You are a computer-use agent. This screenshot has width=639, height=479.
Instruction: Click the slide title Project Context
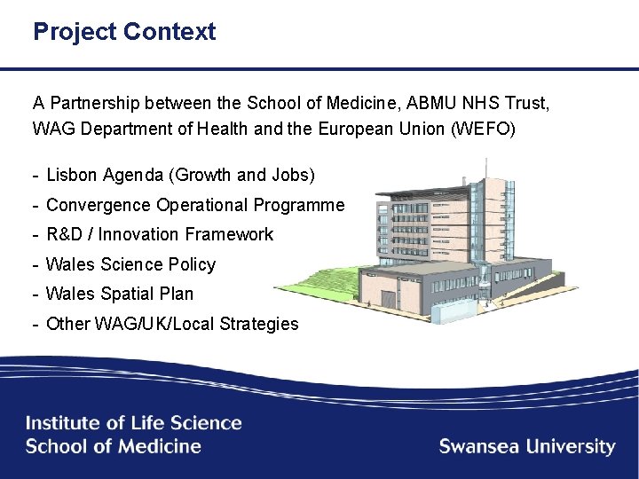tap(124, 32)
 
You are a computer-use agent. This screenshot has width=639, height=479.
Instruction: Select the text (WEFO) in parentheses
tap(486, 129)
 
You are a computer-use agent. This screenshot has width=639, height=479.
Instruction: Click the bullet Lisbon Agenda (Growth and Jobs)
tap(180, 176)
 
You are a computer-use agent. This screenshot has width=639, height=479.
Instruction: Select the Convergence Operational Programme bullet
tap(194, 205)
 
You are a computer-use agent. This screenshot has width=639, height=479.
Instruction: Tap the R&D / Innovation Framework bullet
tap(159, 234)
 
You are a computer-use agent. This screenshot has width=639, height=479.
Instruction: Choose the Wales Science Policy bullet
tap(130, 264)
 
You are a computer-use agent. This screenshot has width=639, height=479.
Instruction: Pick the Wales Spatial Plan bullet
tap(119, 294)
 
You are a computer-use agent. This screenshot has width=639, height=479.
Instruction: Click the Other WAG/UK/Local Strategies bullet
tap(172, 324)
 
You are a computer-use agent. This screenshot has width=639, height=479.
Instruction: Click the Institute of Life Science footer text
tap(133, 423)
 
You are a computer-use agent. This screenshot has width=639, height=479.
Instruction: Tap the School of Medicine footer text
tap(114, 446)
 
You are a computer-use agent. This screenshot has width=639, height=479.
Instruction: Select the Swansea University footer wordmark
tap(526, 446)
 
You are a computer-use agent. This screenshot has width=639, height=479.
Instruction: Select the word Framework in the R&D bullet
tap(230, 234)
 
